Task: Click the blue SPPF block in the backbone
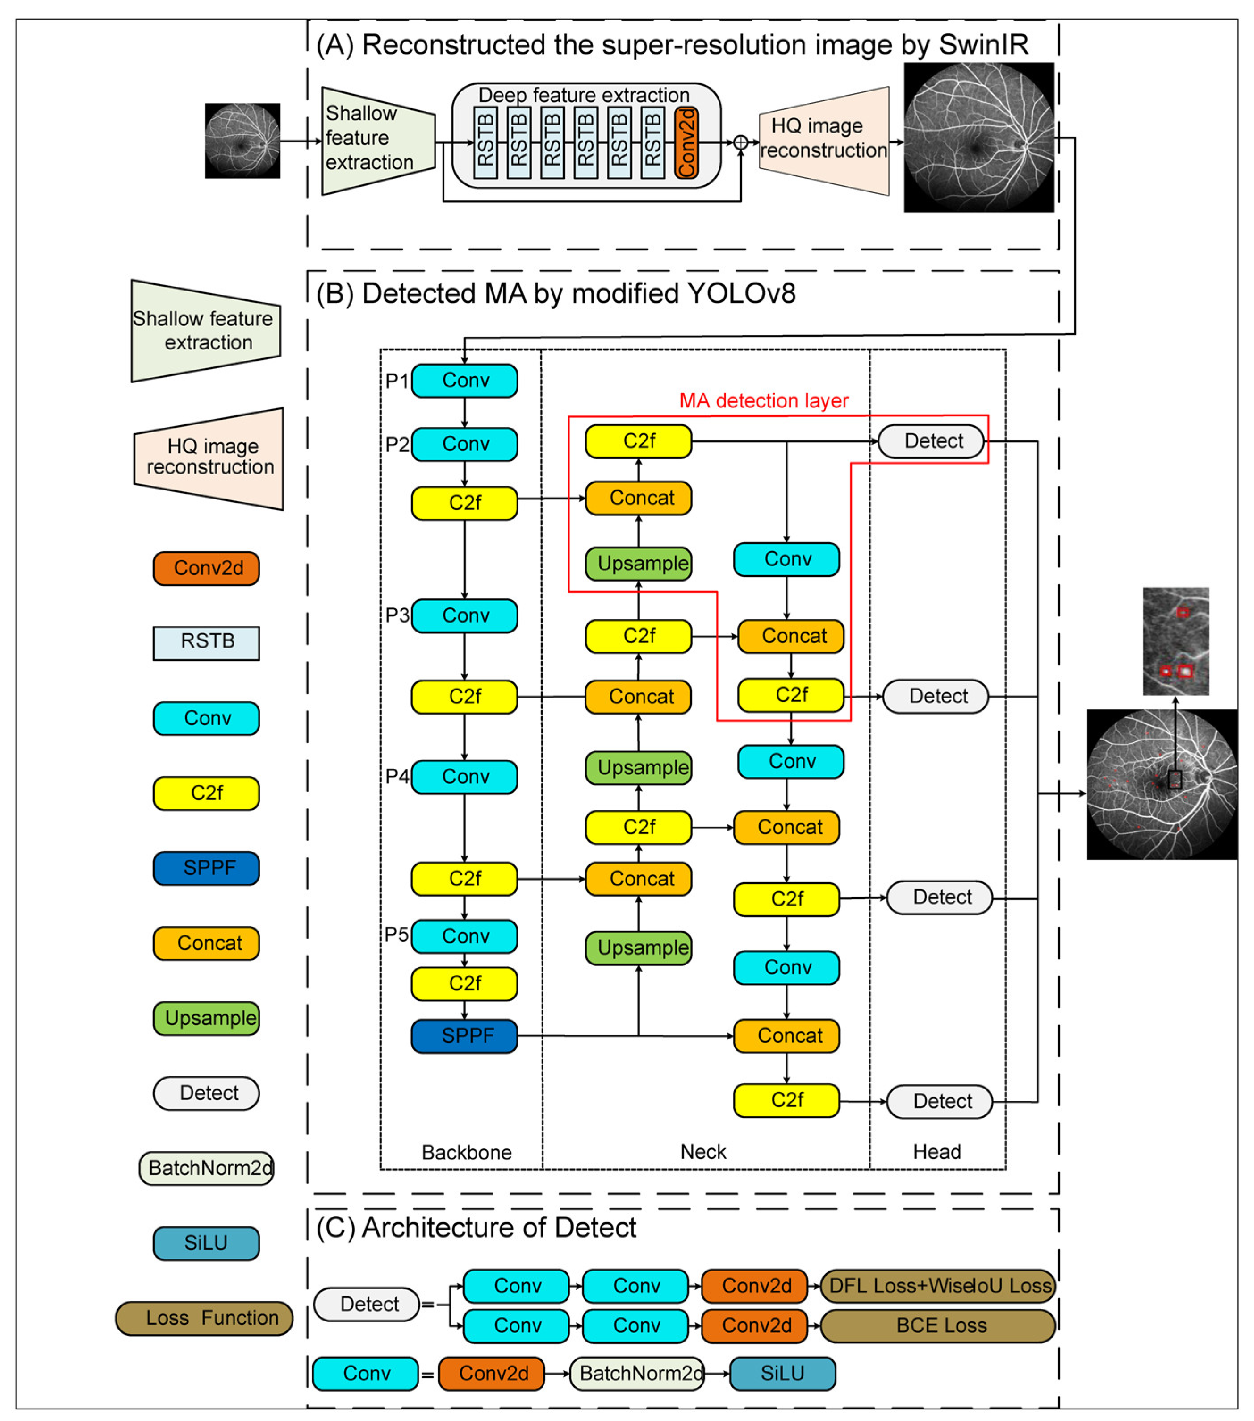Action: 464,1036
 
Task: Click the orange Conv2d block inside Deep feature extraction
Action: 686,142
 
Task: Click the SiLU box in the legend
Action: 206,1243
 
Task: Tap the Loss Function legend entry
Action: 204,1318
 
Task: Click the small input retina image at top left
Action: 242,141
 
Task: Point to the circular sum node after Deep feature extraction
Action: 741,142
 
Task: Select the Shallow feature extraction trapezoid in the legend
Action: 206,331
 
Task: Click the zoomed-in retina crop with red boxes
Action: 1175,641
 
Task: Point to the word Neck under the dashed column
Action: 702,1151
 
